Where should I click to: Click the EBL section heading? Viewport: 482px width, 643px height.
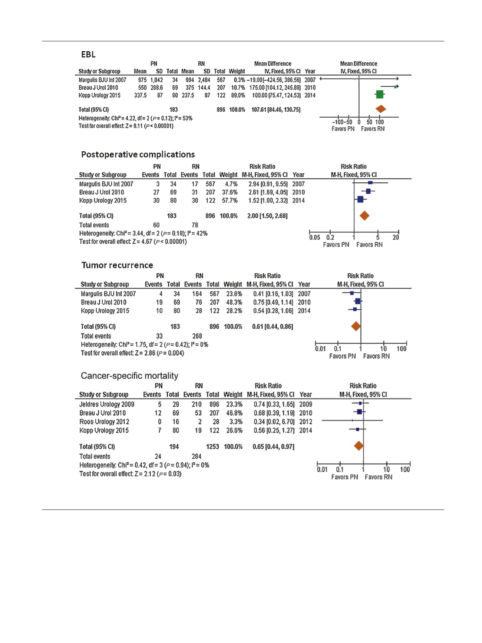point(88,55)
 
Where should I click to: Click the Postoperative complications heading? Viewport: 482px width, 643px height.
point(138,154)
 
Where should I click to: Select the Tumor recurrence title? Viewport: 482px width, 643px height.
point(117,265)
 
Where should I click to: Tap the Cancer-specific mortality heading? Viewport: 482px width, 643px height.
point(129,376)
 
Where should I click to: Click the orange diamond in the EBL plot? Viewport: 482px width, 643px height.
point(381,109)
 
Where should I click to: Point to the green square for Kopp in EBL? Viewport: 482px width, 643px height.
point(379,95)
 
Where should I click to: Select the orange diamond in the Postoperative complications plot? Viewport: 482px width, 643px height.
point(364,216)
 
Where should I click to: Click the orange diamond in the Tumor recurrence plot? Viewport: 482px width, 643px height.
point(356,326)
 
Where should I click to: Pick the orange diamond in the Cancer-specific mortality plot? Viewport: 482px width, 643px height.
point(359,446)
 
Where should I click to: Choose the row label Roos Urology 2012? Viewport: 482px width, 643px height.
point(104,422)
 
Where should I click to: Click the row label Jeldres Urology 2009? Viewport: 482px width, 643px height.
point(107,404)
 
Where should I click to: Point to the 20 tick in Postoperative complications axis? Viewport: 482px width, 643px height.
point(396,237)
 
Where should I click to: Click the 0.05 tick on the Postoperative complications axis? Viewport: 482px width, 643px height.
point(315,237)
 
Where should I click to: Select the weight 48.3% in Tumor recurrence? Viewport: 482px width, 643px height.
point(234,302)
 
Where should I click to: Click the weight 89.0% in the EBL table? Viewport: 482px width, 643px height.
point(237,95)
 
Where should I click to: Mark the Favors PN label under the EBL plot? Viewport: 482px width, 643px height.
point(343,129)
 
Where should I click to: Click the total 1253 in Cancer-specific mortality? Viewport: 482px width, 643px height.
point(212,446)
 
